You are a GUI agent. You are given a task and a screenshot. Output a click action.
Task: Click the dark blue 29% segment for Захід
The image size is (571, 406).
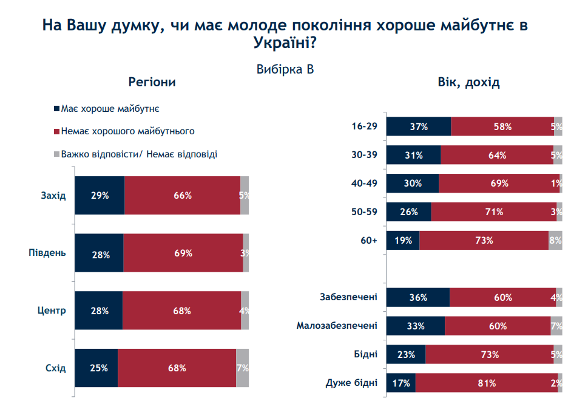pyautogui.click(x=100, y=196)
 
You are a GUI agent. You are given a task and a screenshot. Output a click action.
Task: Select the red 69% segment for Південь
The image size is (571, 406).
pyautogui.click(x=183, y=253)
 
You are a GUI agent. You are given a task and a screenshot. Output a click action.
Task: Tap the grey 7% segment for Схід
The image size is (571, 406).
pyautogui.click(x=242, y=368)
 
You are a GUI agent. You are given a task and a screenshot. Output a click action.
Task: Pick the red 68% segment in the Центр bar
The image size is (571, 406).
pyautogui.click(x=181, y=311)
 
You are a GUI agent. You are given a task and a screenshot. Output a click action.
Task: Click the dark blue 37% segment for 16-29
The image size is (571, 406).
pyautogui.click(x=419, y=127)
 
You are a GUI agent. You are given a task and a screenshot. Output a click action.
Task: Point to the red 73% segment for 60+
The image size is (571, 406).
pyautogui.click(x=484, y=240)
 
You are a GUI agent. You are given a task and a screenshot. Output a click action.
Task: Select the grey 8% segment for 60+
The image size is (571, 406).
pyautogui.click(x=555, y=240)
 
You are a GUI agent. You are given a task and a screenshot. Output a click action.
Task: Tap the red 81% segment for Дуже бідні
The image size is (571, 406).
pyautogui.click(x=487, y=383)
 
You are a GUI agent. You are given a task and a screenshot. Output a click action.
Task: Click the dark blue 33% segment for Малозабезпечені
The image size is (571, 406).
pyautogui.click(x=416, y=326)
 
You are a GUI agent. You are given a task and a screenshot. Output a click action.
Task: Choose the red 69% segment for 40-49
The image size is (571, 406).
pyautogui.click(x=499, y=184)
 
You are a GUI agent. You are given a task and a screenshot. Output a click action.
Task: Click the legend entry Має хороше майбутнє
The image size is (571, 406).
pyautogui.click(x=110, y=109)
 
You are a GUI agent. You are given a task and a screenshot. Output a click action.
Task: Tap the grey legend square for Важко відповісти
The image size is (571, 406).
pyautogui.click(x=56, y=154)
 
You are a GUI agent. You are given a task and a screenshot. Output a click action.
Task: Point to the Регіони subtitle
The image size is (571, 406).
pyautogui.click(x=152, y=83)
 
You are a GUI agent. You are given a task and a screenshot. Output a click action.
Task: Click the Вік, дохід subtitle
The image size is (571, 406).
pyautogui.click(x=468, y=83)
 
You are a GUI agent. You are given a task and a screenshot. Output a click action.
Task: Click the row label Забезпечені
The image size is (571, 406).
pyautogui.click(x=348, y=297)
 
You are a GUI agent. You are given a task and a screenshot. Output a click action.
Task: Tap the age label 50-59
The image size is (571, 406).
pyautogui.click(x=365, y=212)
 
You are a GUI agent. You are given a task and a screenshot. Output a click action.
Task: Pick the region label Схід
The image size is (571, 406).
pyautogui.click(x=55, y=368)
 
